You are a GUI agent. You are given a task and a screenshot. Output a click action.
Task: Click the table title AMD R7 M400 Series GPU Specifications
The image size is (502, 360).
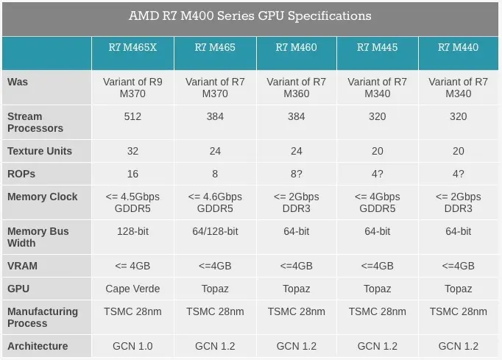250,15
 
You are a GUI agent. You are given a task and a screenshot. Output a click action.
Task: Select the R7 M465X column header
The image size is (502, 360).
133,48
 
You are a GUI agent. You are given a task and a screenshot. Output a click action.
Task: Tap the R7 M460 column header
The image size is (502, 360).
296,48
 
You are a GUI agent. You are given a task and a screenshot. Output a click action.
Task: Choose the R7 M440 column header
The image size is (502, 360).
458,48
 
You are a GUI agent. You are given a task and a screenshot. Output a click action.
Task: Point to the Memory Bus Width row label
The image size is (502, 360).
38,237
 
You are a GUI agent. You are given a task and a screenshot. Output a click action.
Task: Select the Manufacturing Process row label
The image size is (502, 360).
43,317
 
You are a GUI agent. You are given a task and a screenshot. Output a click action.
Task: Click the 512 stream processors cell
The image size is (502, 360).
133,116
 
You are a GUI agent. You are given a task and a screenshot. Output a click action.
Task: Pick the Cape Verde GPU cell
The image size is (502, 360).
133,289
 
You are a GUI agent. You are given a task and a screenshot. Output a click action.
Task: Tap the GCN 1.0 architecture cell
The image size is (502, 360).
133,346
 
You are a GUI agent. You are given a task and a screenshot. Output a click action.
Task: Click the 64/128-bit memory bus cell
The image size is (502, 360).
215,231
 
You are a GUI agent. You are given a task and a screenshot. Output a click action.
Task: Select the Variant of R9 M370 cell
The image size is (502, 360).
133,88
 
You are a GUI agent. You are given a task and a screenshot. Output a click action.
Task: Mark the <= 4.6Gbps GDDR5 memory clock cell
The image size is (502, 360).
215,202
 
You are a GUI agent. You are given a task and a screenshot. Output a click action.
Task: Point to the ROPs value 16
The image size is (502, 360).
133,174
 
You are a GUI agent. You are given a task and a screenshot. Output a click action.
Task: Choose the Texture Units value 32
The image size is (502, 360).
133,151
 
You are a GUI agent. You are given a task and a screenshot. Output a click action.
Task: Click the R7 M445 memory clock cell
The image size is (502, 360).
377,202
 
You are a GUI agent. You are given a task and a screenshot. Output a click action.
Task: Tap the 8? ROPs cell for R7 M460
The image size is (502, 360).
296,174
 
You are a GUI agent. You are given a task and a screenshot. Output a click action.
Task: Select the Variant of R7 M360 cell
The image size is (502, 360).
296,88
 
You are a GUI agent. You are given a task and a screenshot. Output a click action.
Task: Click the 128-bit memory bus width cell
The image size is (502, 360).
133,231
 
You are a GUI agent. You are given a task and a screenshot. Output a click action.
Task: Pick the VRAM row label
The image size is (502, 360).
22,266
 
